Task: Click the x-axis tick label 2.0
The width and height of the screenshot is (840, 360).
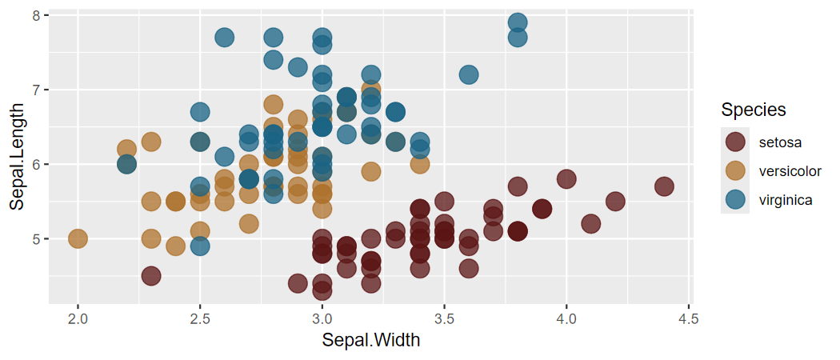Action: coord(78,319)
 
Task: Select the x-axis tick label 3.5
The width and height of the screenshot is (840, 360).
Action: coord(444,319)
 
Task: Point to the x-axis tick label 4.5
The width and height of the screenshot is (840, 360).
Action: coord(688,319)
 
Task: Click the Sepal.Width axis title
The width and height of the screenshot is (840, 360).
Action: coord(371,340)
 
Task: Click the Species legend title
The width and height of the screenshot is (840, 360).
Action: coord(753,109)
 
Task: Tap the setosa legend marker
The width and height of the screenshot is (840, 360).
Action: coord(735,142)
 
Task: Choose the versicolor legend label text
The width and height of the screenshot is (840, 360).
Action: coord(790,171)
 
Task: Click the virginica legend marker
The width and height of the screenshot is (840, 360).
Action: coord(735,200)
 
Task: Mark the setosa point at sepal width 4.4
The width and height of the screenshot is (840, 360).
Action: coord(664,186)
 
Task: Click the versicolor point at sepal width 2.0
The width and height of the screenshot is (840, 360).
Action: coord(78,238)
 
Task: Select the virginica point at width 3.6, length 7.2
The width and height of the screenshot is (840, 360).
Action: coord(469,74)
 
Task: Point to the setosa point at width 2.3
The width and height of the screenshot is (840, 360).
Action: coord(151,276)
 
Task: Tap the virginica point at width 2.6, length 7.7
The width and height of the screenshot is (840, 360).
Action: coord(224,38)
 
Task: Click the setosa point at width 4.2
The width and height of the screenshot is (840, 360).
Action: coord(615,202)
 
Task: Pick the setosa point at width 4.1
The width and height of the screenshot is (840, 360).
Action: coord(590,224)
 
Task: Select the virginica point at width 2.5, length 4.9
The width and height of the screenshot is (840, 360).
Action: coord(200,246)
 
